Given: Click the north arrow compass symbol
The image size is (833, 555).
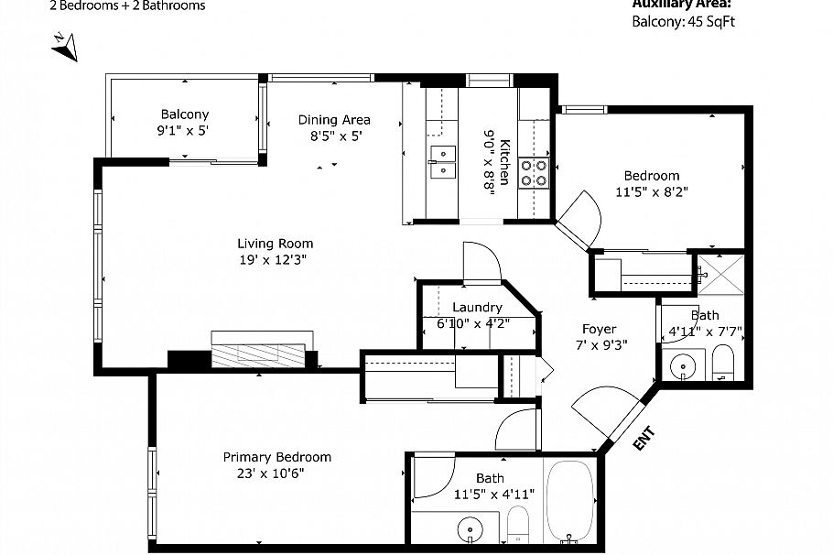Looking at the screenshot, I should tap(65, 46).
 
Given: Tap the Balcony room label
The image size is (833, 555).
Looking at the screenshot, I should tap(184, 114).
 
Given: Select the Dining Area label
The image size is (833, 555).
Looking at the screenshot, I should tap(334, 120).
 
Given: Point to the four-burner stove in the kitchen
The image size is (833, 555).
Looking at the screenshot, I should tap(535, 173).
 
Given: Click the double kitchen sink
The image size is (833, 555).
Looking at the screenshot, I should tap(442, 161).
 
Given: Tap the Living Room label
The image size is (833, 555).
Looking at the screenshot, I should tap(275, 244).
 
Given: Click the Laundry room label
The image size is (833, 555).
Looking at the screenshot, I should tap(477, 308).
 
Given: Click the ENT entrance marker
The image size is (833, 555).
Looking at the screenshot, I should tap(644, 439).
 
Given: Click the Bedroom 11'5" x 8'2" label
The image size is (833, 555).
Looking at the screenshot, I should tap(651, 176).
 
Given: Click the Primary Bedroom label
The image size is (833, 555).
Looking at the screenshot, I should tap(277, 457).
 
